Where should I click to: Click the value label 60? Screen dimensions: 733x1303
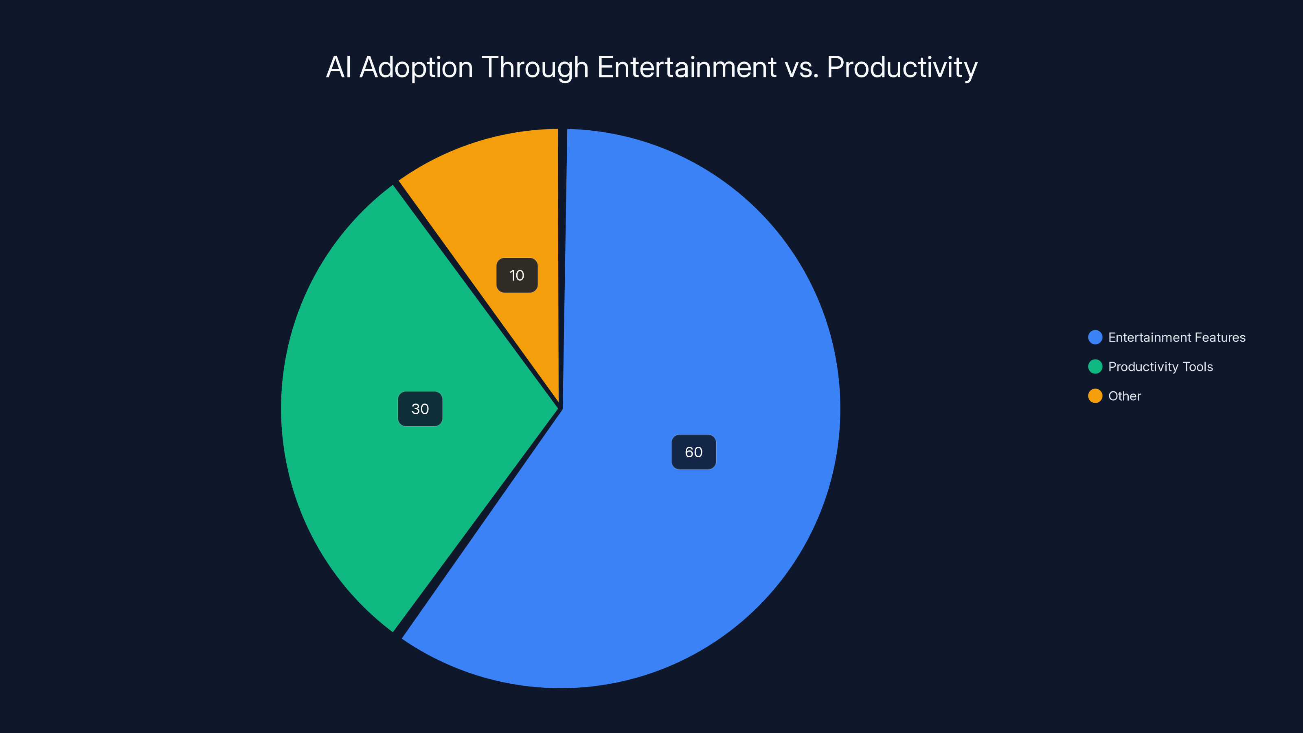(693, 452)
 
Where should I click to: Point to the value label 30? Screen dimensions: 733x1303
(420, 409)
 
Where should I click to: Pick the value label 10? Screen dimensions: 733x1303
(516, 275)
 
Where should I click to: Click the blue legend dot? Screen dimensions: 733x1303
(1095, 338)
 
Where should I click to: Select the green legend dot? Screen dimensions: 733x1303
(1095, 367)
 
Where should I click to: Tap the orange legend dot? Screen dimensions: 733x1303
(1095, 396)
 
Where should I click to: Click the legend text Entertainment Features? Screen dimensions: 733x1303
(1176, 338)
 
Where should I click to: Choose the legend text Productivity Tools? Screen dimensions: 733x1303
(1160, 367)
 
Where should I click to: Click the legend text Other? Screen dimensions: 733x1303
(1124, 396)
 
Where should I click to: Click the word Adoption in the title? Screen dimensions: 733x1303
(416, 67)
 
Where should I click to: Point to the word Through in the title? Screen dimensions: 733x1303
(535, 67)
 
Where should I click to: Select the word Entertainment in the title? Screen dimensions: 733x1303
(687, 67)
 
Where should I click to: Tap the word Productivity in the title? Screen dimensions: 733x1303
(902, 67)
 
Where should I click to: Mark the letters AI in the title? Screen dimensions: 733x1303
(338, 67)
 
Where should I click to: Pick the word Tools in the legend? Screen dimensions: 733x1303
(1197, 367)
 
